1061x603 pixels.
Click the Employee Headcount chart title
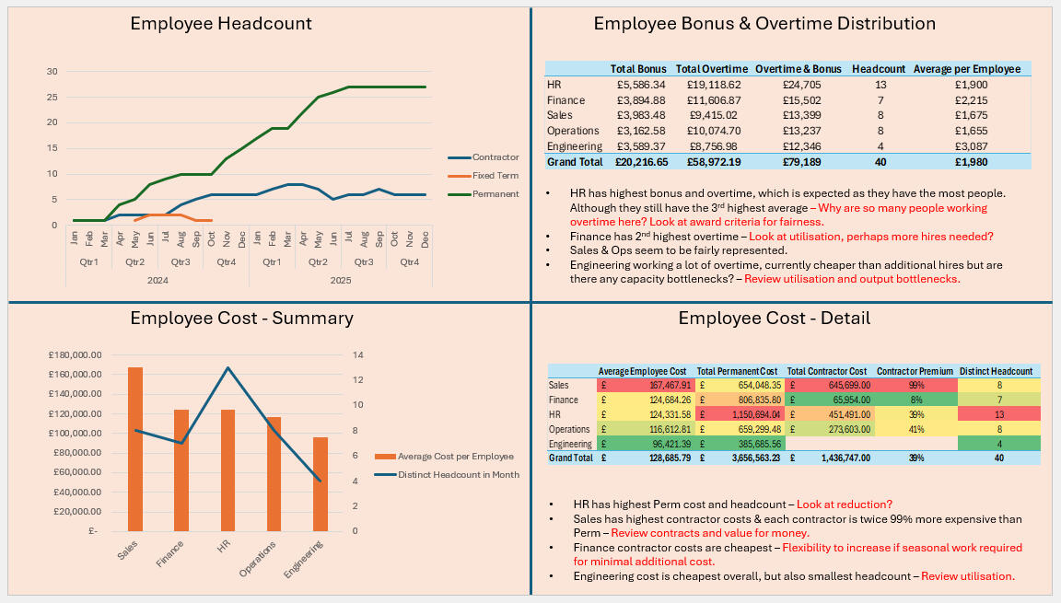click(x=221, y=24)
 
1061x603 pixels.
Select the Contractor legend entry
click(x=496, y=157)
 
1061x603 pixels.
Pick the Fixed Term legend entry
click(x=496, y=176)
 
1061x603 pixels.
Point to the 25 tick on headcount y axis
click(x=52, y=98)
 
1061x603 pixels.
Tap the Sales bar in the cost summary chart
click(x=135, y=449)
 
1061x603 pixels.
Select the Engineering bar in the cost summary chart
click(x=320, y=483)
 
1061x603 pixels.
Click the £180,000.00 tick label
click(x=78, y=355)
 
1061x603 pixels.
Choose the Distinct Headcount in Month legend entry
click(x=458, y=475)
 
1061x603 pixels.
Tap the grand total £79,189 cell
click(x=797, y=162)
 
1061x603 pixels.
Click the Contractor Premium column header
click(x=915, y=371)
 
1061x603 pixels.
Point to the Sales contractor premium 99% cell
click(x=915, y=385)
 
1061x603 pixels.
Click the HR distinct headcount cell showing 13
click(x=999, y=414)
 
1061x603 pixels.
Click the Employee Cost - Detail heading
click(x=774, y=319)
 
